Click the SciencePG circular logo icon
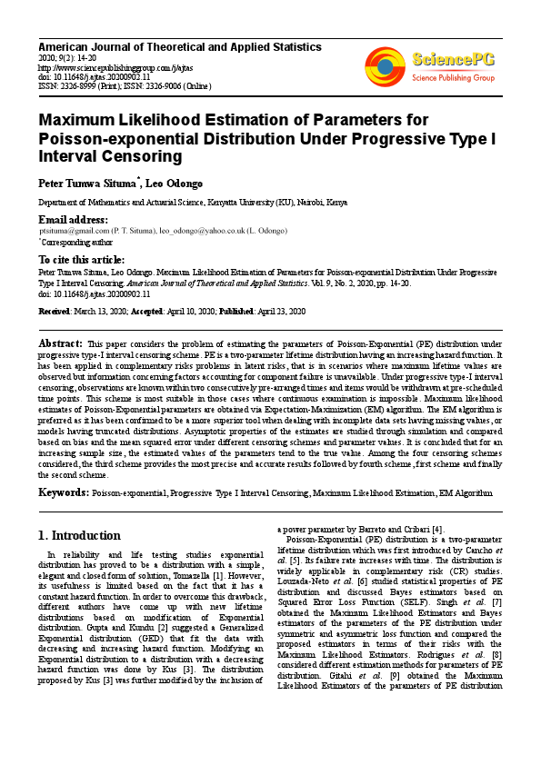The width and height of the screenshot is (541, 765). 386,65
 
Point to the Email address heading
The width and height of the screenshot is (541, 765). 73,220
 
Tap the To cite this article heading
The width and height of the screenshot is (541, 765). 82,259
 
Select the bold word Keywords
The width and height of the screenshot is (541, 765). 63,492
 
